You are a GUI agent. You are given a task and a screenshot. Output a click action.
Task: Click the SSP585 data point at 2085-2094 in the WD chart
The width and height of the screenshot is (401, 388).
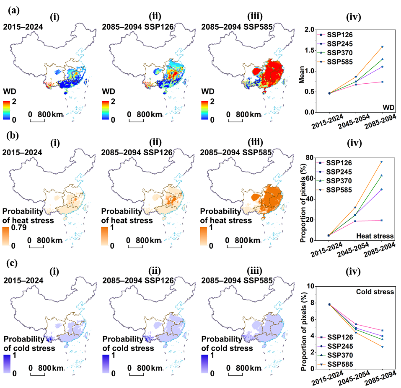(x=382, y=47)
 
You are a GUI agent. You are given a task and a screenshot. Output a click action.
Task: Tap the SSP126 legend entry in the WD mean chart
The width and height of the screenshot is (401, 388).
(x=335, y=35)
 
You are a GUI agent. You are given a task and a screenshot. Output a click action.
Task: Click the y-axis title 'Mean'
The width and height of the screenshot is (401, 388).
(x=302, y=75)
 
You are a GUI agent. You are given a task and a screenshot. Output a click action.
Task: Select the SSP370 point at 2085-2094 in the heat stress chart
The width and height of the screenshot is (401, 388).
(x=382, y=175)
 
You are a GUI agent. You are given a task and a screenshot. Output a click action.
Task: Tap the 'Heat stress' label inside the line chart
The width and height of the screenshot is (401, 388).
(x=375, y=236)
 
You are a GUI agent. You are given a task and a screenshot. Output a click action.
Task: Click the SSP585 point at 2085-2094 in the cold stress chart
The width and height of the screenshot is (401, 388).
(x=382, y=347)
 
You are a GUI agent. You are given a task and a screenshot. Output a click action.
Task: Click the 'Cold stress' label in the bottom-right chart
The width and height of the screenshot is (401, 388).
(x=375, y=292)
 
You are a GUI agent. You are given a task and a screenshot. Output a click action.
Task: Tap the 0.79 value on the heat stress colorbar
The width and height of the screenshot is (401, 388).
(x=19, y=227)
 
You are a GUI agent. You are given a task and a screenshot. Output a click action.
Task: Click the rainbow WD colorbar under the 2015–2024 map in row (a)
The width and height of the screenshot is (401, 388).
(x=7, y=110)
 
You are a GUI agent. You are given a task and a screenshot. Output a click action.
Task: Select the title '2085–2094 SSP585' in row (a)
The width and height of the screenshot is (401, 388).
(x=237, y=27)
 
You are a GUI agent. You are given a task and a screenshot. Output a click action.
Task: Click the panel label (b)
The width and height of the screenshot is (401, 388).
(x=13, y=135)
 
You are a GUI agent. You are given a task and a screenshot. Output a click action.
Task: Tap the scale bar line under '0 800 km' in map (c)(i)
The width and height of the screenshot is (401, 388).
(x=38, y=375)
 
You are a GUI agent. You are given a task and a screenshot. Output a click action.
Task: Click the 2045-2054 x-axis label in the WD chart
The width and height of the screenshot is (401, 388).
(x=354, y=121)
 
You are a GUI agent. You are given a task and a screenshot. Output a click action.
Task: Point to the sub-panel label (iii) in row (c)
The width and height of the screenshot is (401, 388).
(x=255, y=271)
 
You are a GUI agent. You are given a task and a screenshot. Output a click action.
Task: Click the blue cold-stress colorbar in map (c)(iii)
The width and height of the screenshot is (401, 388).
(x=205, y=364)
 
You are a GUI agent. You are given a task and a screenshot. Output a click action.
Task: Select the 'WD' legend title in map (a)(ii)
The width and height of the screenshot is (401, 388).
(x=109, y=91)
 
